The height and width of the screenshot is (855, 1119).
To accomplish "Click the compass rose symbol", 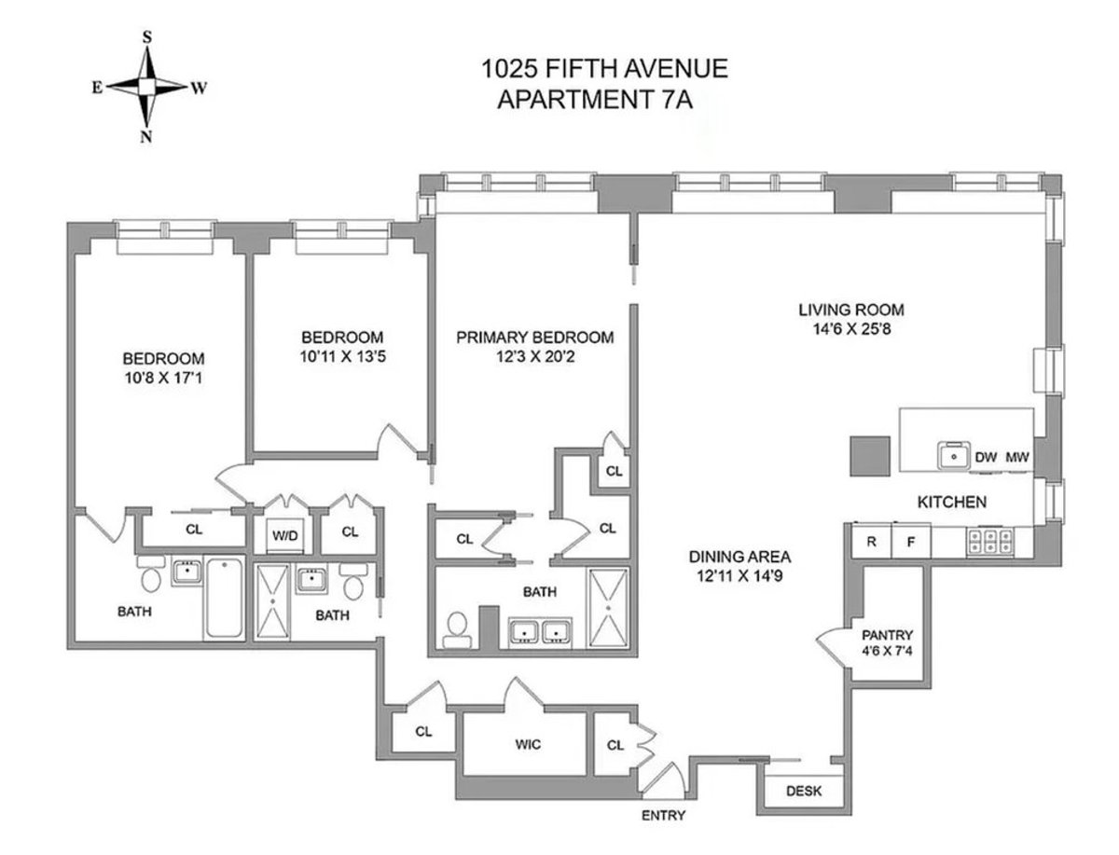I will coord(147,87).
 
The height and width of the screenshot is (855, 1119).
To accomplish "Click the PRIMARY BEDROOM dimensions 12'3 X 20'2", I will coord(534,355).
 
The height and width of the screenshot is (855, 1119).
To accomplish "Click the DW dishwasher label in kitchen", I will coord(986,458).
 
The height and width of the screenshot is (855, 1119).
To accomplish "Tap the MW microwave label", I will coord(1017,458).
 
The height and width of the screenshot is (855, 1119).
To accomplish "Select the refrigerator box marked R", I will coord(871,541).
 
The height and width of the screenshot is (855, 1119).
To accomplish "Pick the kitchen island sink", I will coord(953,456).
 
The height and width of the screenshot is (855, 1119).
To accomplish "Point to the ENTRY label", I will coord(664,816).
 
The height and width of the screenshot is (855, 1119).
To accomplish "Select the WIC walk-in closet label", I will coord(527,744).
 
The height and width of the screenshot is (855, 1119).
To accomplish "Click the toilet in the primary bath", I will coord(456,630).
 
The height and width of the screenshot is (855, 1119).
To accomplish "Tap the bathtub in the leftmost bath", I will coord(224,599).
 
